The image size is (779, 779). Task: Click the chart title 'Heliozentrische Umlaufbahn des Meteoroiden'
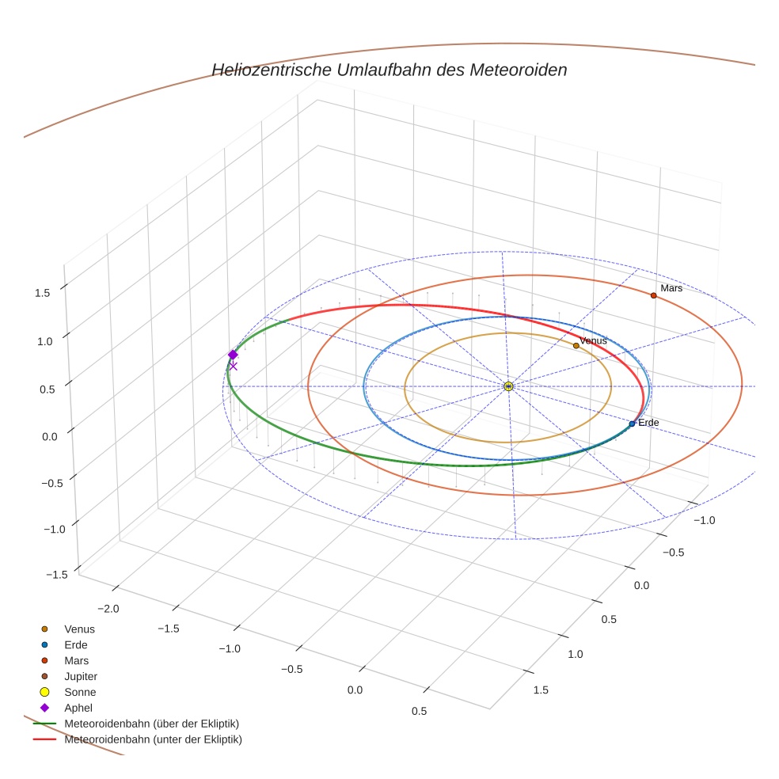pyautogui.click(x=389, y=70)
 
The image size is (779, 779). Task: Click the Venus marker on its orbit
pyautogui.click(x=576, y=345)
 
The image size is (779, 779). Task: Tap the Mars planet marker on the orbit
pyautogui.click(x=653, y=295)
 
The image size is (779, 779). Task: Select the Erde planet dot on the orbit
pyautogui.click(x=632, y=424)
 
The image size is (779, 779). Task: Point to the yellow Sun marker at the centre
pyautogui.click(x=508, y=386)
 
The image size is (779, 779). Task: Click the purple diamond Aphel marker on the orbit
pyautogui.click(x=233, y=355)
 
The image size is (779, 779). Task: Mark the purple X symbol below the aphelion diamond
pyautogui.click(x=233, y=366)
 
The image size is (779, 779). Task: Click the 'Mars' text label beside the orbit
pyautogui.click(x=671, y=288)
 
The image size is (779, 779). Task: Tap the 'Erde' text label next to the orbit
pyautogui.click(x=648, y=423)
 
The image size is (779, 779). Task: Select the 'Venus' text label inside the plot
pyautogui.click(x=593, y=340)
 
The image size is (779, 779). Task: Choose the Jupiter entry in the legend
pyautogui.click(x=80, y=676)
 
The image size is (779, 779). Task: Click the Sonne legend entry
pyautogui.click(x=80, y=692)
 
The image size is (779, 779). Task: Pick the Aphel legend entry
pyautogui.click(x=78, y=708)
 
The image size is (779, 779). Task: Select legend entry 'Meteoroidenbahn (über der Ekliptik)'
pyautogui.click(x=152, y=724)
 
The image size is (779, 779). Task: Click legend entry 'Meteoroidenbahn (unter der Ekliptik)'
pyautogui.click(x=153, y=739)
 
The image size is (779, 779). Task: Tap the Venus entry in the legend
pyautogui.click(x=79, y=629)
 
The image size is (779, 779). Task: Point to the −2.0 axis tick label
pyautogui.click(x=108, y=608)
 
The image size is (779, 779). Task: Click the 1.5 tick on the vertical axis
pyautogui.click(x=43, y=292)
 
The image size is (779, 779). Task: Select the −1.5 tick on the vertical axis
pyautogui.click(x=38, y=575)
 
